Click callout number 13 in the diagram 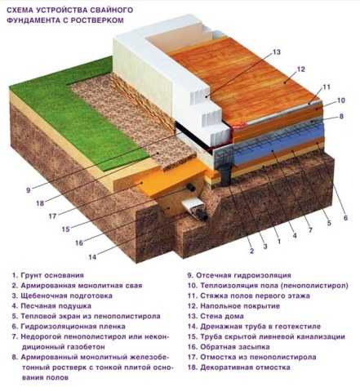click(x=276, y=51)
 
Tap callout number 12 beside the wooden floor click(x=300, y=69)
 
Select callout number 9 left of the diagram click(x=29, y=190)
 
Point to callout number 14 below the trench click(x=92, y=257)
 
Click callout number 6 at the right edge click(x=345, y=218)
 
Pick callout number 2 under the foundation click(x=251, y=251)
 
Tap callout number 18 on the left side click(x=40, y=203)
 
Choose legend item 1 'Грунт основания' click(x=48, y=275)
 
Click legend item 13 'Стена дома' click(x=216, y=316)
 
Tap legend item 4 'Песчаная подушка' click(x=51, y=306)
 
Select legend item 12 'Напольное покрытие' click(x=233, y=306)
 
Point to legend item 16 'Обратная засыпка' click(x=229, y=347)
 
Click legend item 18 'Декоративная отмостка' click(x=239, y=367)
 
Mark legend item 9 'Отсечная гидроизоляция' click(x=239, y=275)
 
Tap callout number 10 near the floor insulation click(x=340, y=100)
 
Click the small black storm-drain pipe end click(x=191, y=187)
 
